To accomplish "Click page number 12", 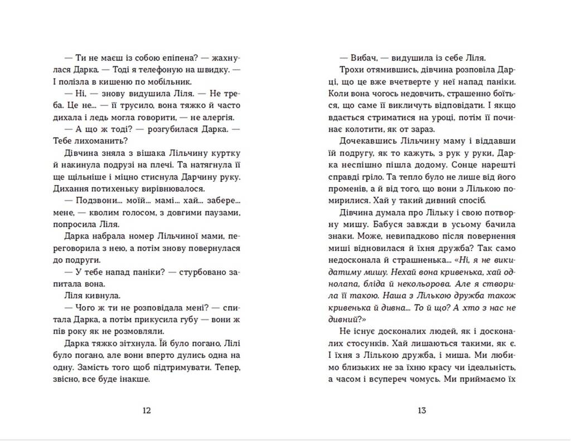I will [x=147, y=411].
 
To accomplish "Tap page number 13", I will [x=422, y=411].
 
